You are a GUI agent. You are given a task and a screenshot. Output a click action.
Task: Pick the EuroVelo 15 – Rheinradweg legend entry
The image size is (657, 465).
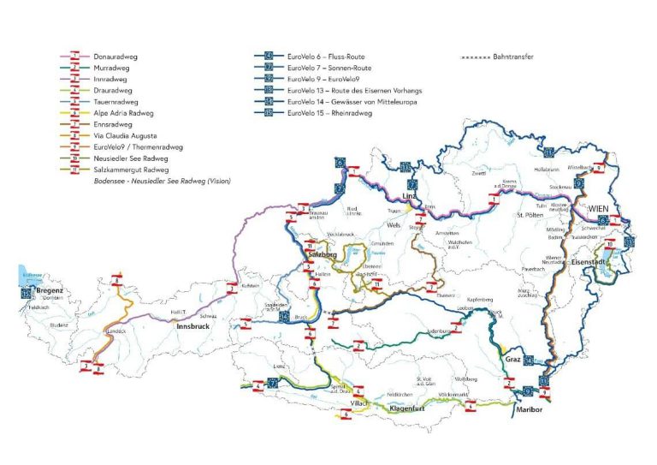click(330, 112)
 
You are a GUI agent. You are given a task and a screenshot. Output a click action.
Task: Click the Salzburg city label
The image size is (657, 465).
click(318, 255)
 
